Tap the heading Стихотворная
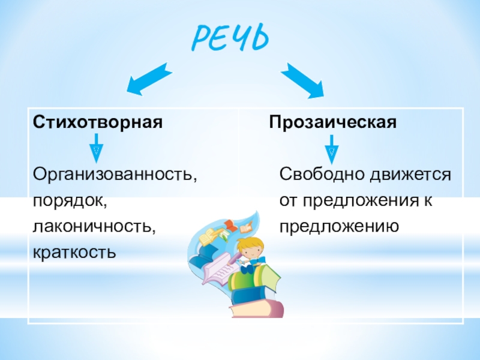point(98,122)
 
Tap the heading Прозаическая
point(333,122)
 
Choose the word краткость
point(74,252)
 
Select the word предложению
point(340,226)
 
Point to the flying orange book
point(230,226)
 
